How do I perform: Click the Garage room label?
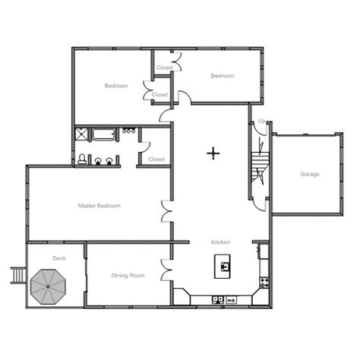(x=309, y=174)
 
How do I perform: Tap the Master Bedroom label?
(x=99, y=206)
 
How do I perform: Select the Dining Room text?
(x=128, y=276)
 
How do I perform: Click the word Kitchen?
(x=220, y=242)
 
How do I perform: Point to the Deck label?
(x=59, y=258)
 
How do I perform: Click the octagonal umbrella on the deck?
(x=48, y=287)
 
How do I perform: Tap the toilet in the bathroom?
(x=82, y=159)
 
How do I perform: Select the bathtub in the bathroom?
(x=103, y=134)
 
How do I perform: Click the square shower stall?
(x=81, y=134)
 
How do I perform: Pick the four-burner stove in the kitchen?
(x=264, y=283)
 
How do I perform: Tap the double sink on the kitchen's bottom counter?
(x=218, y=300)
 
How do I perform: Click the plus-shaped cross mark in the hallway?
(x=213, y=153)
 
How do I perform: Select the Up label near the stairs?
(x=262, y=121)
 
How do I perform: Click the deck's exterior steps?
(x=18, y=276)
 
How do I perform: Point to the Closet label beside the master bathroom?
(x=156, y=159)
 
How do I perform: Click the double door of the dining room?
(x=167, y=270)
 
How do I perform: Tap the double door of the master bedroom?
(x=167, y=211)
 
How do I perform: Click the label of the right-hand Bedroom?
(x=223, y=76)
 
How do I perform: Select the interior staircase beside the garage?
(x=260, y=167)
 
